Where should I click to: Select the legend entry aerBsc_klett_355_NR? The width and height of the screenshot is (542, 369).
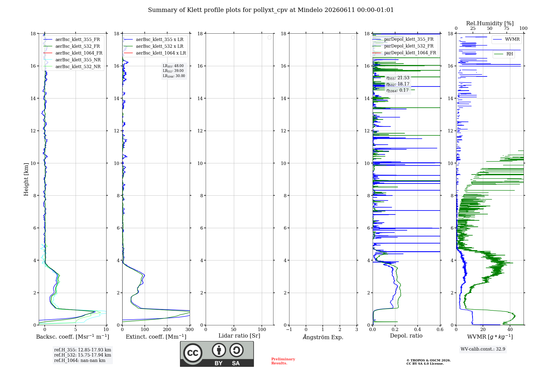point(72,60)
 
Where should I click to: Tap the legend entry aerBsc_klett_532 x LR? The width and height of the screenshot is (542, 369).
point(154,46)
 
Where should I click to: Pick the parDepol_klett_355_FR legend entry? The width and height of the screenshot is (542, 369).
point(403,39)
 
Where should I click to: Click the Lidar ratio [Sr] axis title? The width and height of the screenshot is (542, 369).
point(239,336)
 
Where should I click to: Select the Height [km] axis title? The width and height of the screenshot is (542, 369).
point(26,179)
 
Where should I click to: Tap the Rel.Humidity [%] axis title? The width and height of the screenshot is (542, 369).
point(490,23)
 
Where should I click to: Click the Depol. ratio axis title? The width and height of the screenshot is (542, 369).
point(406,336)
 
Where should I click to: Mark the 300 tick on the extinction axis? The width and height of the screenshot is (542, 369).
point(190,329)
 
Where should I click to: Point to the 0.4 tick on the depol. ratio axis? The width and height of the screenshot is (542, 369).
point(418,329)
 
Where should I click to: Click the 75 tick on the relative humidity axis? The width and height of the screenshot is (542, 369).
point(506,28)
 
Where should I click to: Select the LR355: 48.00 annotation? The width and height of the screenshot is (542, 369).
point(173,66)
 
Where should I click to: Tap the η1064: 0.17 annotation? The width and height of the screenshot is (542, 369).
point(398,90)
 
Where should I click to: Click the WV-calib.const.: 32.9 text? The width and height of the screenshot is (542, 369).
point(483,349)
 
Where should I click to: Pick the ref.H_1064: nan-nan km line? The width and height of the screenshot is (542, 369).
point(80,360)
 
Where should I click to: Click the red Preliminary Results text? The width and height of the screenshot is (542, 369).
point(283,361)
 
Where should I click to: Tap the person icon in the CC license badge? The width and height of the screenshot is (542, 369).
point(219,350)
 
